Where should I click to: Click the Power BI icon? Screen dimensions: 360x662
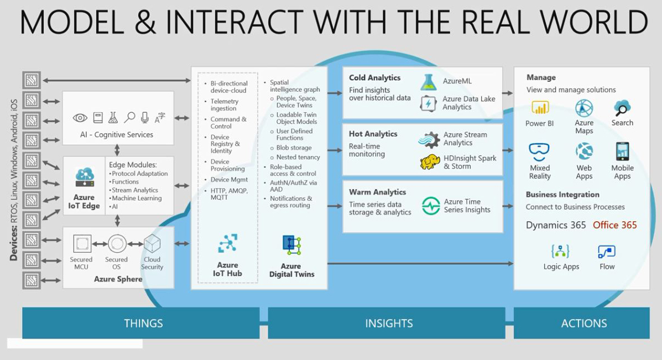click(540, 108)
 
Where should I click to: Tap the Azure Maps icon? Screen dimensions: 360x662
click(584, 108)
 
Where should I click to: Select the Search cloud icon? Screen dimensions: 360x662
click(622, 108)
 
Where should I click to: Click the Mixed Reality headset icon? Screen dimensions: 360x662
click(539, 152)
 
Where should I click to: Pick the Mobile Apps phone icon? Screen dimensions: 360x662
click(622, 151)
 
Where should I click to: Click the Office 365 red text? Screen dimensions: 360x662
click(614, 225)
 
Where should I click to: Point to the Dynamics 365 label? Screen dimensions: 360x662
click(555, 225)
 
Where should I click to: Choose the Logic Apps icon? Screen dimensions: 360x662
click(560, 252)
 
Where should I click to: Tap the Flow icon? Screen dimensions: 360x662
click(607, 252)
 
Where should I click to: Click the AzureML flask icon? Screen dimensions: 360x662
click(429, 82)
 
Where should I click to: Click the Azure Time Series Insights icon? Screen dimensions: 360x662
click(431, 206)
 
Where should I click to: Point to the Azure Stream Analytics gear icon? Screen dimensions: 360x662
click(429, 140)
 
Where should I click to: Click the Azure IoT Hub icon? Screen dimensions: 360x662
click(227, 243)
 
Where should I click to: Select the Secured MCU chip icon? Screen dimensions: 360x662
click(82, 243)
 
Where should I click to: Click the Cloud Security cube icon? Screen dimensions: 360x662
click(152, 243)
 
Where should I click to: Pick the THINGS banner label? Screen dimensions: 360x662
click(143, 324)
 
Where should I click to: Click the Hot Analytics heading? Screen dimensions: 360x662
click(373, 134)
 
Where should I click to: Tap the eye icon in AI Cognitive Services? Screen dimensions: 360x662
click(80, 118)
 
